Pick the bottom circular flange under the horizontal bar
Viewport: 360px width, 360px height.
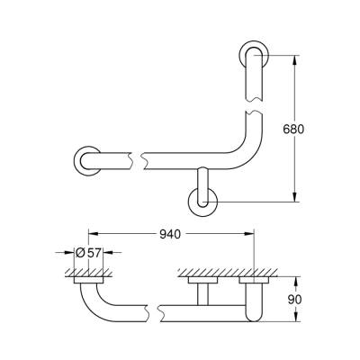click(202, 202)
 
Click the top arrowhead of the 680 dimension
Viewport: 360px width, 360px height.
click(294, 59)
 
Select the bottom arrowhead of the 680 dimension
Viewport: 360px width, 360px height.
click(294, 198)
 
